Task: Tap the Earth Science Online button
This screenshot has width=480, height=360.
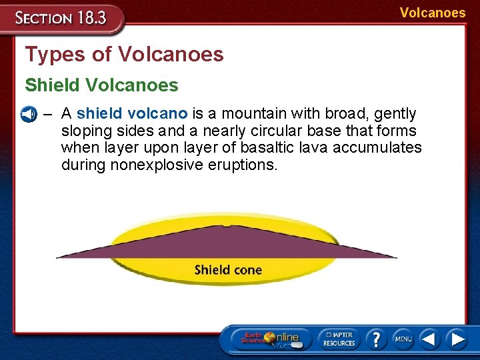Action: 271,338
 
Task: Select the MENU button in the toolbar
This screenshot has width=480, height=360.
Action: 403,339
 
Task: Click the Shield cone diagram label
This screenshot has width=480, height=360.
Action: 228,270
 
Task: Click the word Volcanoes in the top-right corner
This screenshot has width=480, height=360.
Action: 432,13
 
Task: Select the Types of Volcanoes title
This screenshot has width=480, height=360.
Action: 124,55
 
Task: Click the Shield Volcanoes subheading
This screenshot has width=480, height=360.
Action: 101,85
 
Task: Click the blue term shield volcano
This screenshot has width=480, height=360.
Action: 132,114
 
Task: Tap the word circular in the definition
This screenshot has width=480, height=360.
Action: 275,131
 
